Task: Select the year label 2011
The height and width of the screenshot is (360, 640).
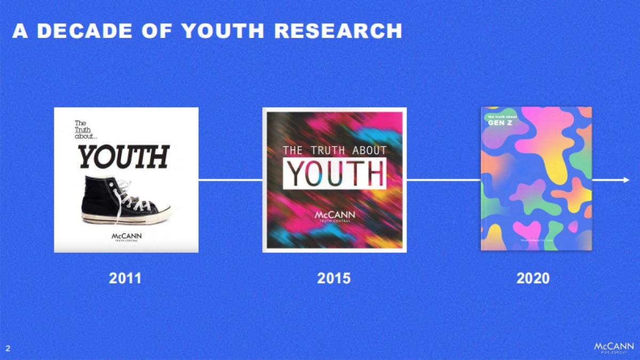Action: point(125,278)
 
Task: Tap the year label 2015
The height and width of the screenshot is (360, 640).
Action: point(334,278)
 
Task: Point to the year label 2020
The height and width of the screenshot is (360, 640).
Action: point(533,278)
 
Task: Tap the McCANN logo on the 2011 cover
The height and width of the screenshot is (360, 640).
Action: point(127,236)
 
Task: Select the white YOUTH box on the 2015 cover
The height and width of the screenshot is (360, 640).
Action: point(334,174)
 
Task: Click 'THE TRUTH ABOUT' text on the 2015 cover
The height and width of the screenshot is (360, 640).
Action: point(334,150)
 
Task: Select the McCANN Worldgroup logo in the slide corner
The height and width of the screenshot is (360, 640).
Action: point(613,348)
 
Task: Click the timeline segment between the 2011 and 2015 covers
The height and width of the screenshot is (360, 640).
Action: point(230,180)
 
